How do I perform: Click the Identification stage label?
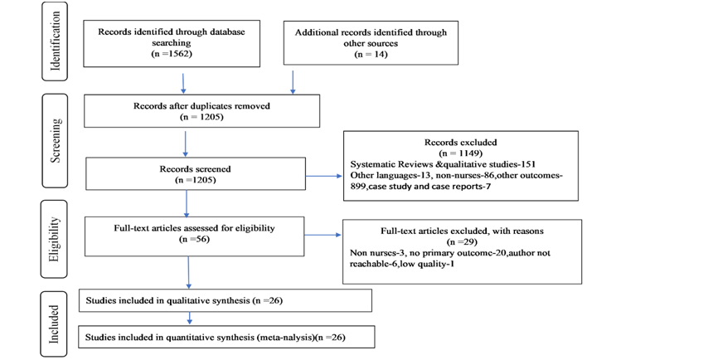coord(55,41)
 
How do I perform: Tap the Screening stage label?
coord(55,141)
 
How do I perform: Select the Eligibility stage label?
coord(54,239)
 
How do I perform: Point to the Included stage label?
coord(54,324)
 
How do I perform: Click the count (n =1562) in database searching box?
coord(172,54)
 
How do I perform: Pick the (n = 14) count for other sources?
coord(371,54)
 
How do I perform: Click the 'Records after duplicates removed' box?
coord(202,111)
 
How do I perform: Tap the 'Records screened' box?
coord(196,173)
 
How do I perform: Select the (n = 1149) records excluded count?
coord(461,153)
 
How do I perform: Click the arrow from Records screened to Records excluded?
coord(323,176)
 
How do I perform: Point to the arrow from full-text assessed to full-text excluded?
coord(323,235)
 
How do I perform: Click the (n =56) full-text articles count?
coord(194,239)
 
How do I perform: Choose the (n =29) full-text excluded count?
coord(462,241)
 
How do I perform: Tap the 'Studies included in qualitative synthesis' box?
coord(226,300)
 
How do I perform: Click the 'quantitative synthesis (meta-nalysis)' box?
coord(226,337)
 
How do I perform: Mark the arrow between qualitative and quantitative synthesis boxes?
coord(190,319)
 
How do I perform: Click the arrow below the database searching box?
coord(183,83)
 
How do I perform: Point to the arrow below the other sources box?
coord(293,82)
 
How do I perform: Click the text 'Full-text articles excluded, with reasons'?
coord(462,231)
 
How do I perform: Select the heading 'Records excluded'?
coord(461,142)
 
